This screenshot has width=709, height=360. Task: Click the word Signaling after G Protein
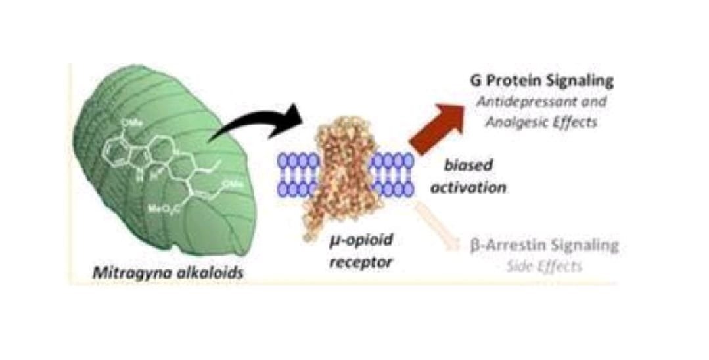point(582,81)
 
